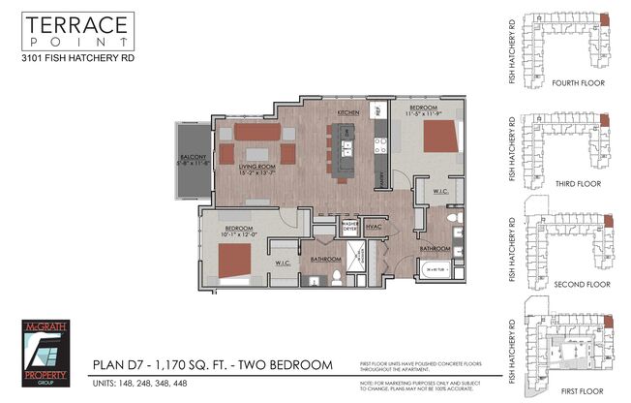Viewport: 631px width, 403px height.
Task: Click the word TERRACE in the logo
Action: pyautogui.click(x=75, y=26)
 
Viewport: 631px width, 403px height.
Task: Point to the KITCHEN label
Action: pyautogui.click(x=348, y=112)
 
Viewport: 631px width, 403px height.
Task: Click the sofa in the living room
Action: pyautogui.click(x=255, y=131)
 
